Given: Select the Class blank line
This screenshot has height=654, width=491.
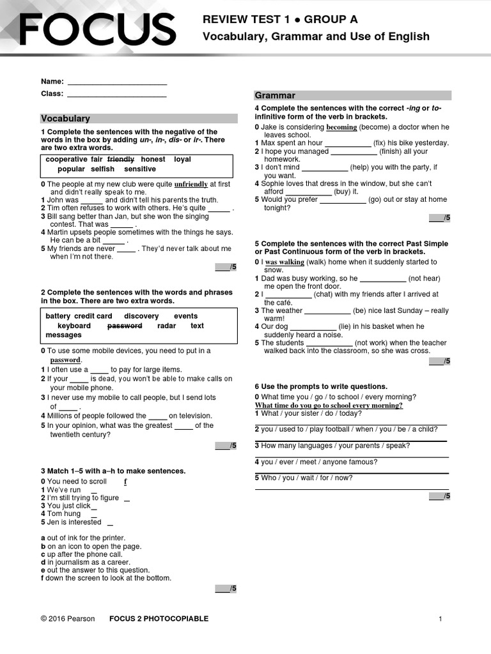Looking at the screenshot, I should [116, 96].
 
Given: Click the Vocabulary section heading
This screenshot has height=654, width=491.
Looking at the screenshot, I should [66, 119].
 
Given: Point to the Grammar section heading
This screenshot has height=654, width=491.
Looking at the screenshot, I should [276, 96].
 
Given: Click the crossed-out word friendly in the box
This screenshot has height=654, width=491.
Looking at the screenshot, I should [121, 159].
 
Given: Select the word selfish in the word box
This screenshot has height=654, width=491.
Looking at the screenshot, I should [102, 169].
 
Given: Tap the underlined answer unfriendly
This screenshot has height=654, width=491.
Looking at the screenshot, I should [191, 184].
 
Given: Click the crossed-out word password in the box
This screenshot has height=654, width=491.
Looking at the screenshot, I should [125, 326].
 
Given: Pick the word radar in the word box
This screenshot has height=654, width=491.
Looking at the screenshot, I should [166, 326].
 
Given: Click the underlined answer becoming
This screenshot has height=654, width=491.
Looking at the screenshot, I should [341, 127].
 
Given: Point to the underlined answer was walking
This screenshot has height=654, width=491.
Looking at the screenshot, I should [284, 262].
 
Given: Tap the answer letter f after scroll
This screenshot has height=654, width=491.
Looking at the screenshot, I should [125, 482].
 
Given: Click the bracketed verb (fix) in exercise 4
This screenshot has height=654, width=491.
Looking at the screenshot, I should [380, 143].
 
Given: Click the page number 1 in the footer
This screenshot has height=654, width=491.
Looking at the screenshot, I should [440, 619].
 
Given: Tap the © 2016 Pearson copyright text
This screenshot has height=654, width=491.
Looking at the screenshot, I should [67, 619].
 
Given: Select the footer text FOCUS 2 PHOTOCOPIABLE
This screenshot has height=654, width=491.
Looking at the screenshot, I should [159, 619].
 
